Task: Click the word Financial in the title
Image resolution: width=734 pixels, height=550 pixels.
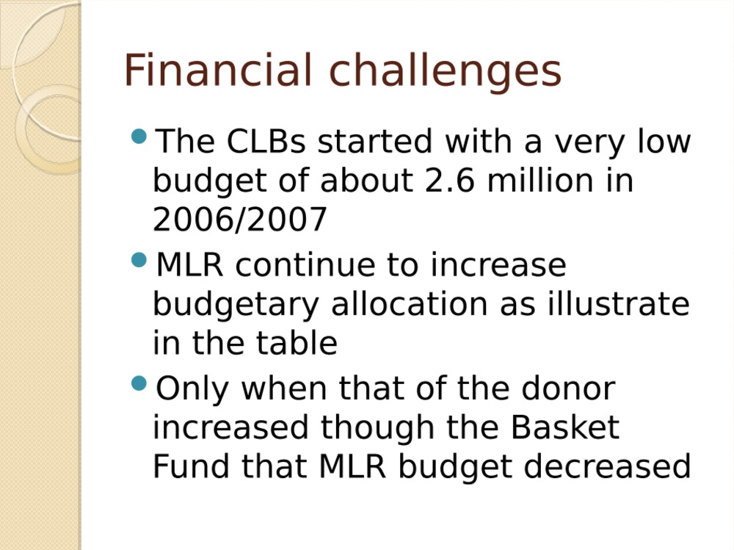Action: [x=218, y=70]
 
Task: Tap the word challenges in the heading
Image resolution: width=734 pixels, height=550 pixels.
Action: [x=446, y=71]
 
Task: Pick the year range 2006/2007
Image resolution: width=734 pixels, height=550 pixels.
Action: [x=240, y=220]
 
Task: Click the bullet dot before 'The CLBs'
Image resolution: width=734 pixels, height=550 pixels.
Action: [x=139, y=137]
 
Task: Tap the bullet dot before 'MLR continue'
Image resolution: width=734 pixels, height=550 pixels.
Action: [x=139, y=260]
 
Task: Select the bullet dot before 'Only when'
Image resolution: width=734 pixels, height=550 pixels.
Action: [x=139, y=383]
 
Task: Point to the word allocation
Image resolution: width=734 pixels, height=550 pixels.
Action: [x=410, y=303]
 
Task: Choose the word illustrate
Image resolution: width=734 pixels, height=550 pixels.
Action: [x=618, y=303]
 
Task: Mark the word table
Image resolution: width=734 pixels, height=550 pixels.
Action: [x=297, y=342]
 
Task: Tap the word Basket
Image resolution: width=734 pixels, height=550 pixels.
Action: [x=564, y=427]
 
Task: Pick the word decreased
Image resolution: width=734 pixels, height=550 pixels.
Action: [x=607, y=466]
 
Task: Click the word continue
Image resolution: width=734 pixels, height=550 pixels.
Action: [x=305, y=264]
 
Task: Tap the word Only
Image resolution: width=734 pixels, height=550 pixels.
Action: [x=192, y=390]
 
